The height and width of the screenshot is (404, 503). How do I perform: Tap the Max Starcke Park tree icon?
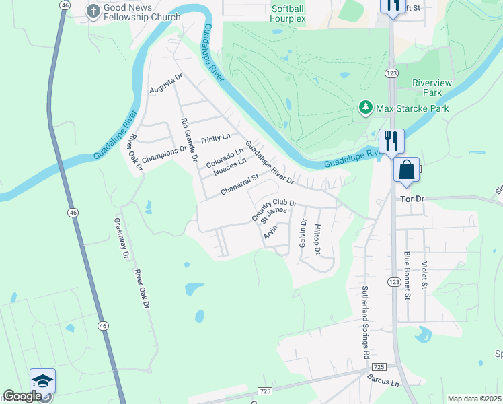point(365,108)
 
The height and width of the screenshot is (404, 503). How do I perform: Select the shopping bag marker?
point(407,170)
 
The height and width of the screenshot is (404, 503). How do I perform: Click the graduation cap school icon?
point(42,381)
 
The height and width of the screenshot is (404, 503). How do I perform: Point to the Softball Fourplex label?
point(288,13)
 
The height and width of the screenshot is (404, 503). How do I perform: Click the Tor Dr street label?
point(413,200)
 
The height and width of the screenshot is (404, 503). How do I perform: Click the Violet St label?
point(424,275)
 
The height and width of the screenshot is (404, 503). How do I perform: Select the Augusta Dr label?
point(166,85)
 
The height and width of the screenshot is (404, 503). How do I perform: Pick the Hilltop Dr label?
point(317,240)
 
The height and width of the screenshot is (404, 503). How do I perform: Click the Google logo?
point(22,396)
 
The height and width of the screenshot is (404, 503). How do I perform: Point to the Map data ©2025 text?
point(475,399)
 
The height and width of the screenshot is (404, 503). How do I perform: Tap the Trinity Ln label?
point(215,141)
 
